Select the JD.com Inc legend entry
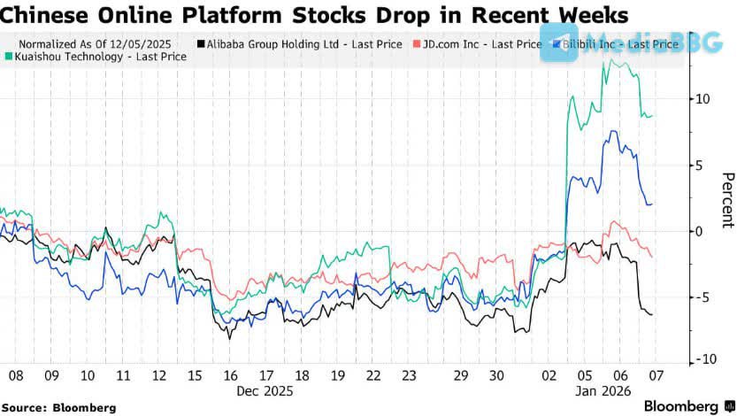(x=479, y=43)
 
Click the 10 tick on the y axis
(x=702, y=98)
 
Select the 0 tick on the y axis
(x=699, y=231)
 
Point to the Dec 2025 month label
(x=265, y=389)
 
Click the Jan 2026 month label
(x=603, y=389)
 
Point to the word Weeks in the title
(x=585, y=15)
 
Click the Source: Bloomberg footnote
(x=58, y=407)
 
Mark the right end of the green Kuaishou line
(x=654, y=115)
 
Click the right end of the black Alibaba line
(x=653, y=314)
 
